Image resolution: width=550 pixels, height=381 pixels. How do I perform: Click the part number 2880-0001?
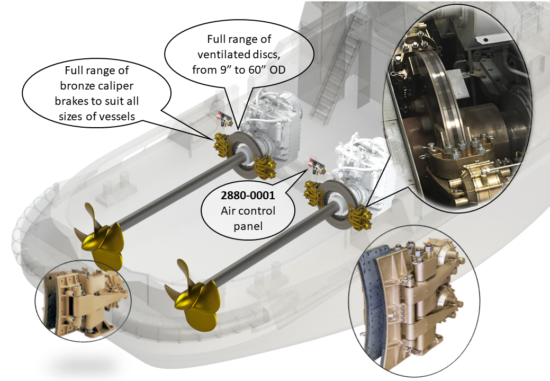pos(248,195)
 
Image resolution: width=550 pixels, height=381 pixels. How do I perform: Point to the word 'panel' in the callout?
pos(248,226)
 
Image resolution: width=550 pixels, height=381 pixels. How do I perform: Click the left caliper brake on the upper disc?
pos(222,145)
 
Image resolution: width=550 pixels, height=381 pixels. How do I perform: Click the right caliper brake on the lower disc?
pos(360,218)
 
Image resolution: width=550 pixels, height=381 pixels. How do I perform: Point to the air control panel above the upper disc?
pos(224,119)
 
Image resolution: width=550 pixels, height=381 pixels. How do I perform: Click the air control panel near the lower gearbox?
pos(317,166)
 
